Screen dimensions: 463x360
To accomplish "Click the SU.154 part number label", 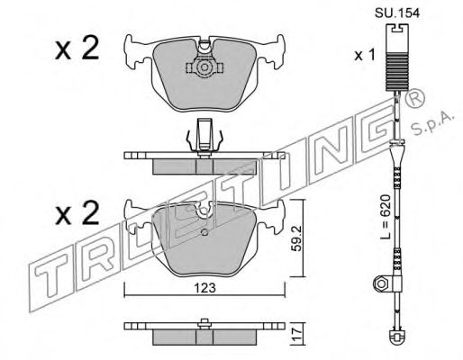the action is pyautogui.click(x=397, y=13).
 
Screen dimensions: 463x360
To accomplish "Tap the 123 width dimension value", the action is pyautogui.click(x=205, y=288).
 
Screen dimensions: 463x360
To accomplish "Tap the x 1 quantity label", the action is pyautogui.click(x=365, y=55).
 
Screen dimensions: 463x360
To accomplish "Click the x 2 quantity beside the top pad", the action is pyautogui.click(x=77, y=48).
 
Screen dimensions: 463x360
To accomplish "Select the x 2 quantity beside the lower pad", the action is pyautogui.click(x=77, y=213).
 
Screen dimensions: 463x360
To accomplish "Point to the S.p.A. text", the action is pyautogui.click(x=431, y=123).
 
